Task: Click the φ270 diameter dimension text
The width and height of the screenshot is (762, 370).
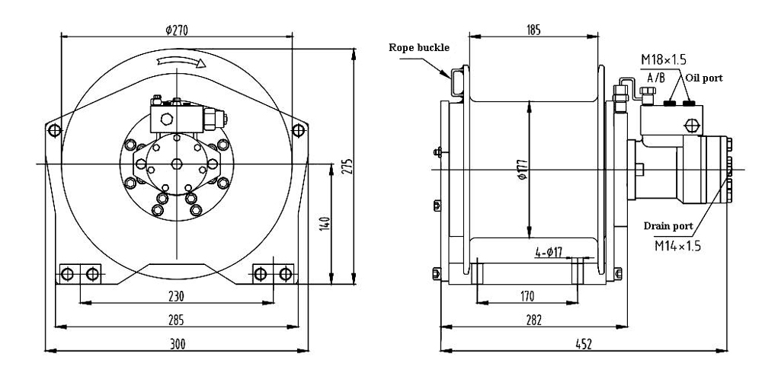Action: click(x=177, y=30)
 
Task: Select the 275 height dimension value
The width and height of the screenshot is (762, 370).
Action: click(x=347, y=167)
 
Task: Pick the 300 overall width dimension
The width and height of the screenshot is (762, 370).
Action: click(x=177, y=344)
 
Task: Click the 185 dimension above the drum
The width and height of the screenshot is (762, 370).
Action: click(x=533, y=30)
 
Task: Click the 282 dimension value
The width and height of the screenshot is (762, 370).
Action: click(x=533, y=320)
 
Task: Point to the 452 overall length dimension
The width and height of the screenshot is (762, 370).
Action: click(x=583, y=344)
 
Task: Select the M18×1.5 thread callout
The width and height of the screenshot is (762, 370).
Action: click(x=660, y=60)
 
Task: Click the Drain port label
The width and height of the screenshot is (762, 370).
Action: click(x=668, y=226)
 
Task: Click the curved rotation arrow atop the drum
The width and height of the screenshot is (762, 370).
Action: click(x=180, y=64)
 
